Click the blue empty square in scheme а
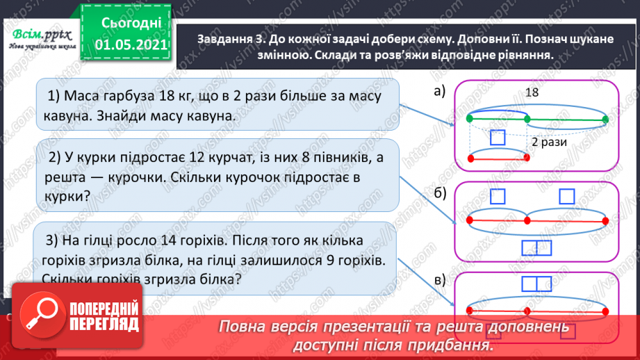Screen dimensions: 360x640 tap(498, 138)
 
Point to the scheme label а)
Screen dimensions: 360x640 tap(438, 90)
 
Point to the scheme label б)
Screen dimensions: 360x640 tap(438, 193)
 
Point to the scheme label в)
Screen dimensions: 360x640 tap(438, 280)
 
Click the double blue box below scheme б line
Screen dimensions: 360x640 tap(536, 247)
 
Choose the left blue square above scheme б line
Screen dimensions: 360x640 tap(498, 197)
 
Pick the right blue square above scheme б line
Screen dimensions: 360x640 tap(568, 197)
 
